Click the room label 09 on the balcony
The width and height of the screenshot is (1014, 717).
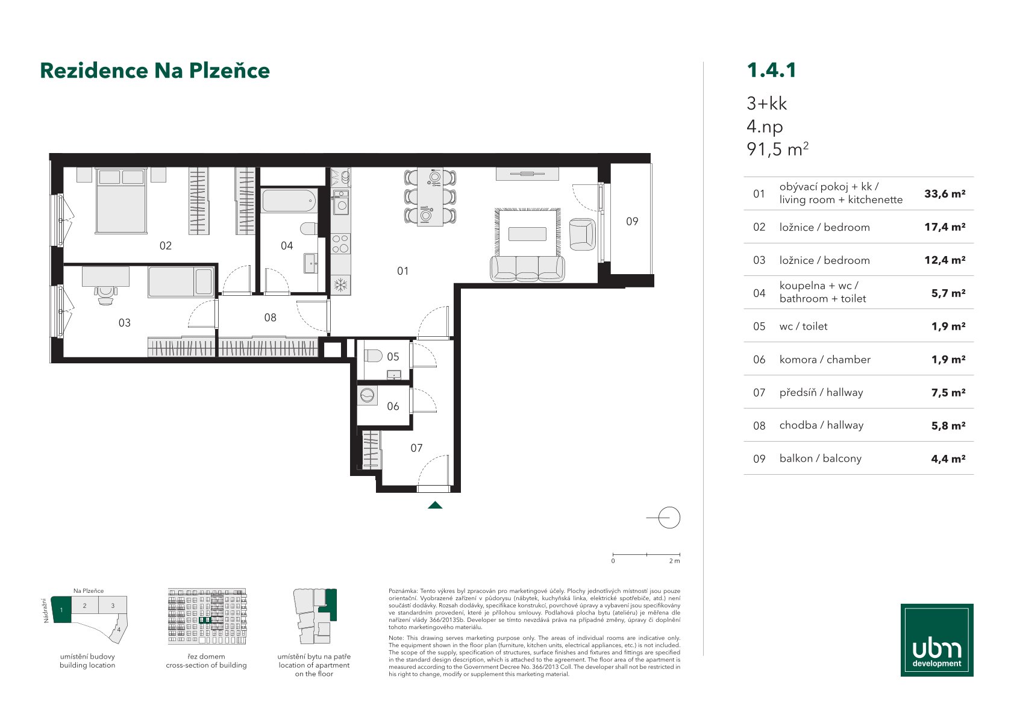pos(632,221)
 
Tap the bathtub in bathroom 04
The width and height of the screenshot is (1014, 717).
pos(289,201)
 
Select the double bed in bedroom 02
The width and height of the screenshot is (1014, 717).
pos(121,201)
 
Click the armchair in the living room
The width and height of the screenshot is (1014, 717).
pos(582,234)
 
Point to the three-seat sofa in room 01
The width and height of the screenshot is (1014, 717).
pos(527,268)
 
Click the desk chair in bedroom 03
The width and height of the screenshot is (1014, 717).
pos(105,296)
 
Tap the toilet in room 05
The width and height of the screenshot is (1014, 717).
pos(373,355)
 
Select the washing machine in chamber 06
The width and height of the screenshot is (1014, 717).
pos(367,396)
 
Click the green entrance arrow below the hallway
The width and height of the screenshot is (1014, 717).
pos(435,505)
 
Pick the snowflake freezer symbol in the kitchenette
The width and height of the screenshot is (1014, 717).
pos(340,286)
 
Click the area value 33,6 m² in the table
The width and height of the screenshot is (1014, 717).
pos(945,194)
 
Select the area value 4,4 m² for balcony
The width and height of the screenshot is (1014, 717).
pos(948,459)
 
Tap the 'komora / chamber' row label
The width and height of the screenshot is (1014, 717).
pos(825,360)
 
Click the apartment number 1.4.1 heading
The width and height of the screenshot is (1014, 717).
pos(771,70)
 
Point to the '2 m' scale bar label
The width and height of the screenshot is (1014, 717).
pos(674,561)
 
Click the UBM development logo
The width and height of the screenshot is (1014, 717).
pos(937,640)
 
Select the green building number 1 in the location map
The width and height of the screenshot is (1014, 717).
pos(61,610)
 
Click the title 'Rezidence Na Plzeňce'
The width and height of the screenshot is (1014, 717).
pos(155,70)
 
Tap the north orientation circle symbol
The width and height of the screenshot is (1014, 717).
pos(669,518)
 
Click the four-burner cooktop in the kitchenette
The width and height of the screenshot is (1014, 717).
pos(340,243)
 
